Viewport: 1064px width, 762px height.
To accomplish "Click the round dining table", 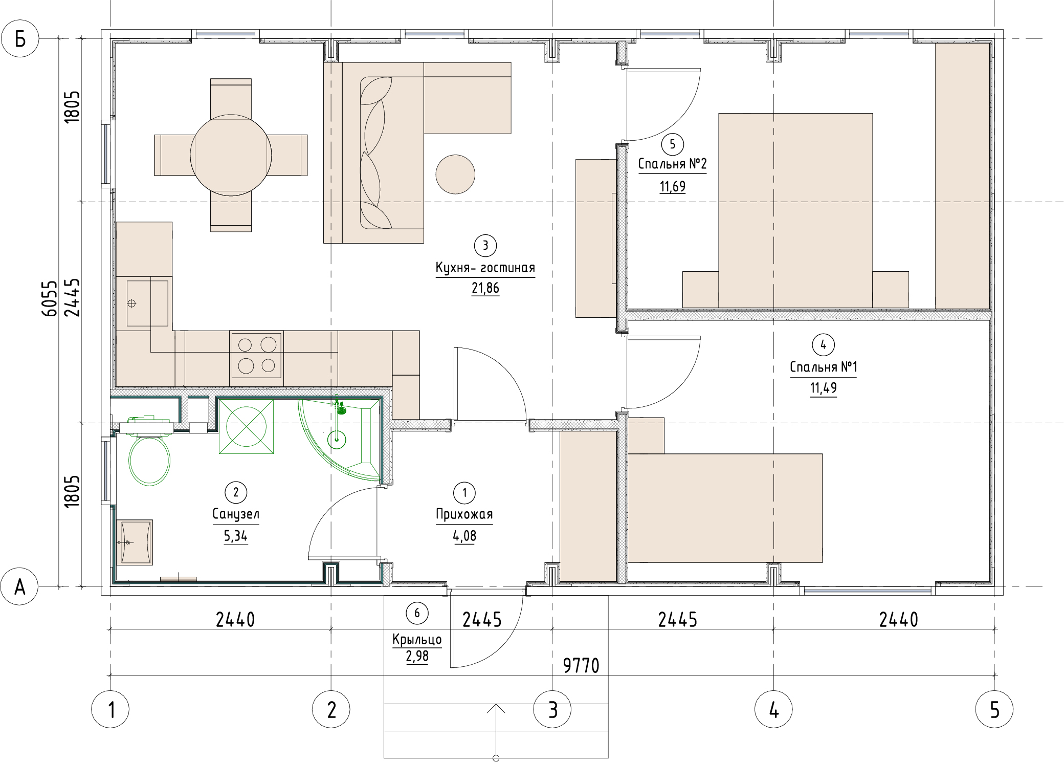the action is click(x=231, y=155).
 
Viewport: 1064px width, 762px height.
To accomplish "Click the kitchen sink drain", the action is click(x=131, y=303).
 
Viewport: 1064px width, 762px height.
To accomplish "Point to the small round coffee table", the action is click(x=455, y=174).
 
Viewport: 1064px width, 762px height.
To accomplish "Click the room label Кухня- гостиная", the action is click(x=485, y=268).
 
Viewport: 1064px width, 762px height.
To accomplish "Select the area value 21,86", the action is click(x=485, y=288).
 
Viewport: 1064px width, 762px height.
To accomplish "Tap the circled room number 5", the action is click(x=672, y=144).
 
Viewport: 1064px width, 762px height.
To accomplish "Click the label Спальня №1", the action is click(x=823, y=367).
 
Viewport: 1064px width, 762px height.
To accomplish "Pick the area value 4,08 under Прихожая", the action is click(x=464, y=536).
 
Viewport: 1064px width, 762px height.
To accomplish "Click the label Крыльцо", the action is click(x=417, y=640).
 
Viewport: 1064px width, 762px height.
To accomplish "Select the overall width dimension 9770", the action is click(x=581, y=665).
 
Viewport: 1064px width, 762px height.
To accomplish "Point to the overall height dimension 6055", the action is click(x=50, y=298).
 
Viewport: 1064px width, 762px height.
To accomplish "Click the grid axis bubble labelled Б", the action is click(x=20, y=38).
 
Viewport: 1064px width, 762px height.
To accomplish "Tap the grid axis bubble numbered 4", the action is click(x=773, y=709).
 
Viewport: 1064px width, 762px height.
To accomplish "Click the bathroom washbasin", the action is click(x=135, y=542).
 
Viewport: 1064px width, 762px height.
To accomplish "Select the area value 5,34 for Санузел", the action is click(x=235, y=536).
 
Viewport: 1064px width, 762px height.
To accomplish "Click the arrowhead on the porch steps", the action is click(x=496, y=708).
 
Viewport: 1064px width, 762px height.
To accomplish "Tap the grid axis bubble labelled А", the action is click(x=19, y=586).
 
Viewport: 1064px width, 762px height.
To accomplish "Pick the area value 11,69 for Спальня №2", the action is click(x=672, y=186).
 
